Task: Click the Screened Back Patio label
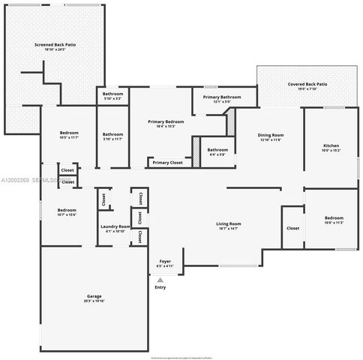pyautogui.click(x=55, y=45)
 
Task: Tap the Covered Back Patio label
pyautogui.click(x=307, y=85)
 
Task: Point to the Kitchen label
pyautogui.click(x=331, y=145)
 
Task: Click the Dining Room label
pyautogui.click(x=271, y=134)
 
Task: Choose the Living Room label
pyautogui.click(x=229, y=223)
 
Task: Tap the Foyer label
pyautogui.click(x=164, y=260)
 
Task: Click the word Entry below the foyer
pyautogui.click(x=160, y=287)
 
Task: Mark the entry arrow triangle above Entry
pyautogui.click(x=160, y=279)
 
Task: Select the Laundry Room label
pyautogui.click(x=115, y=226)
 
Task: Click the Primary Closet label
pyautogui.click(x=167, y=162)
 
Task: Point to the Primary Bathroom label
pyautogui.click(x=221, y=97)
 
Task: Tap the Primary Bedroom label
pyautogui.click(x=166, y=121)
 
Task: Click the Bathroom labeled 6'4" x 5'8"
pyautogui.click(x=217, y=149)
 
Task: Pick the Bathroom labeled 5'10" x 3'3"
pyautogui.click(x=112, y=94)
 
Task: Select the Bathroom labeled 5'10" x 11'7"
pyautogui.click(x=112, y=134)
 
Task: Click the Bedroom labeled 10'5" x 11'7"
pyautogui.click(x=68, y=134)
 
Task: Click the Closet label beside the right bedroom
pyautogui.click(x=292, y=228)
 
